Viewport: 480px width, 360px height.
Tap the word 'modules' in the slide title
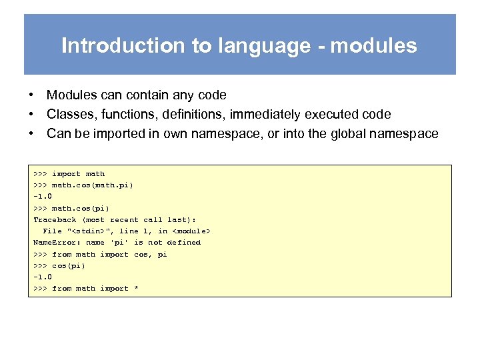(x=374, y=46)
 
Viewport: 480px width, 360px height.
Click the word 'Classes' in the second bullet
(x=69, y=115)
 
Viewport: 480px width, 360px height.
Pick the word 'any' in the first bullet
(x=182, y=95)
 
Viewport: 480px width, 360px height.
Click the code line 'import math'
(x=78, y=174)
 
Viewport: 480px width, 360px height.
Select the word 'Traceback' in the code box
(x=55, y=220)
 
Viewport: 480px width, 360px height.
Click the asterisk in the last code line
(x=136, y=289)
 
